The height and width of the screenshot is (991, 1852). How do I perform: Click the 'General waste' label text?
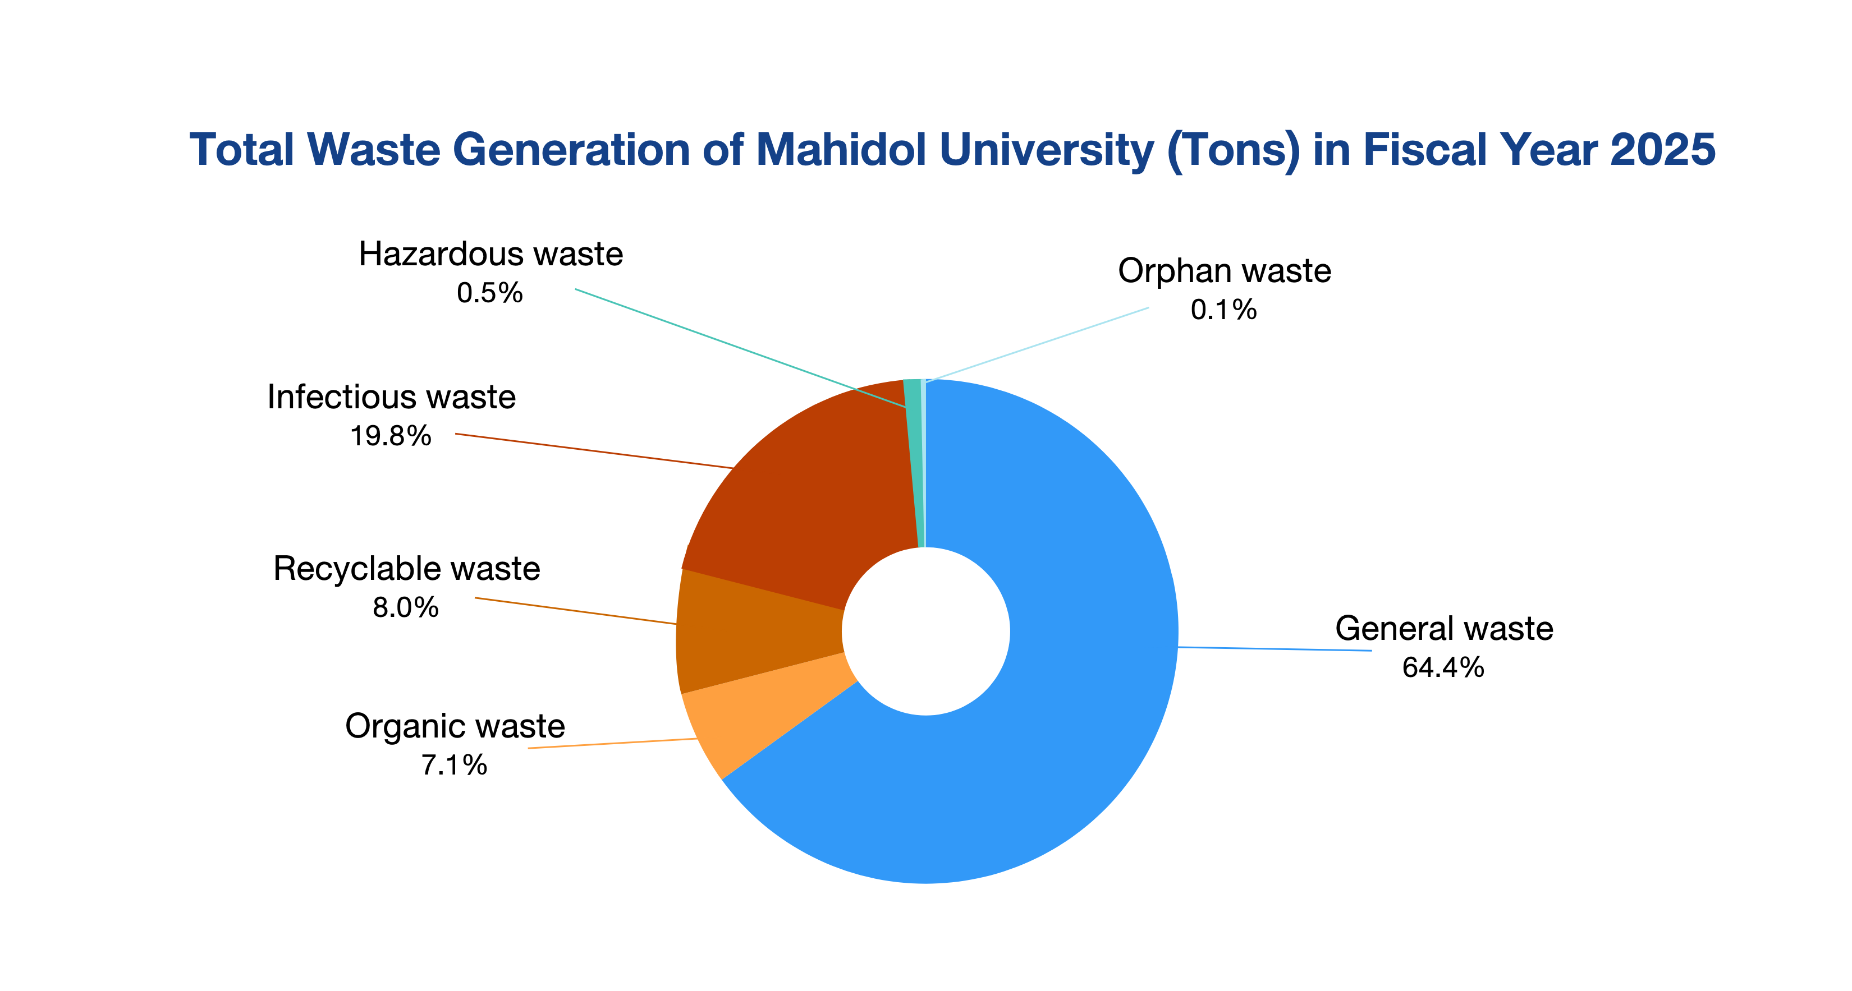coord(1443,628)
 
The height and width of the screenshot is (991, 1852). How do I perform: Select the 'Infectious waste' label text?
coord(391,397)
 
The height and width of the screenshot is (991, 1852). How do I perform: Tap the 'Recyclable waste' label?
coord(406,569)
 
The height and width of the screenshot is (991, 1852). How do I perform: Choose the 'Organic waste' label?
coord(455,726)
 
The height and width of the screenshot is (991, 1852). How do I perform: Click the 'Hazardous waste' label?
coord(490,253)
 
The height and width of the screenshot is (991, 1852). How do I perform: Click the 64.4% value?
coord(1443,667)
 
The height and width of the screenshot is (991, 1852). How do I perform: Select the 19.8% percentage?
coord(391,436)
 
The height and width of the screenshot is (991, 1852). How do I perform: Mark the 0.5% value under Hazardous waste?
coord(489,293)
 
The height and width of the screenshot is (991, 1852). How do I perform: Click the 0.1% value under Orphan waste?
coord(1223,310)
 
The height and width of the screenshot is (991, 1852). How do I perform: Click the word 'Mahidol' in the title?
coord(842,150)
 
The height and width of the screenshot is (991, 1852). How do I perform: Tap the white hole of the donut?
coord(926,631)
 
